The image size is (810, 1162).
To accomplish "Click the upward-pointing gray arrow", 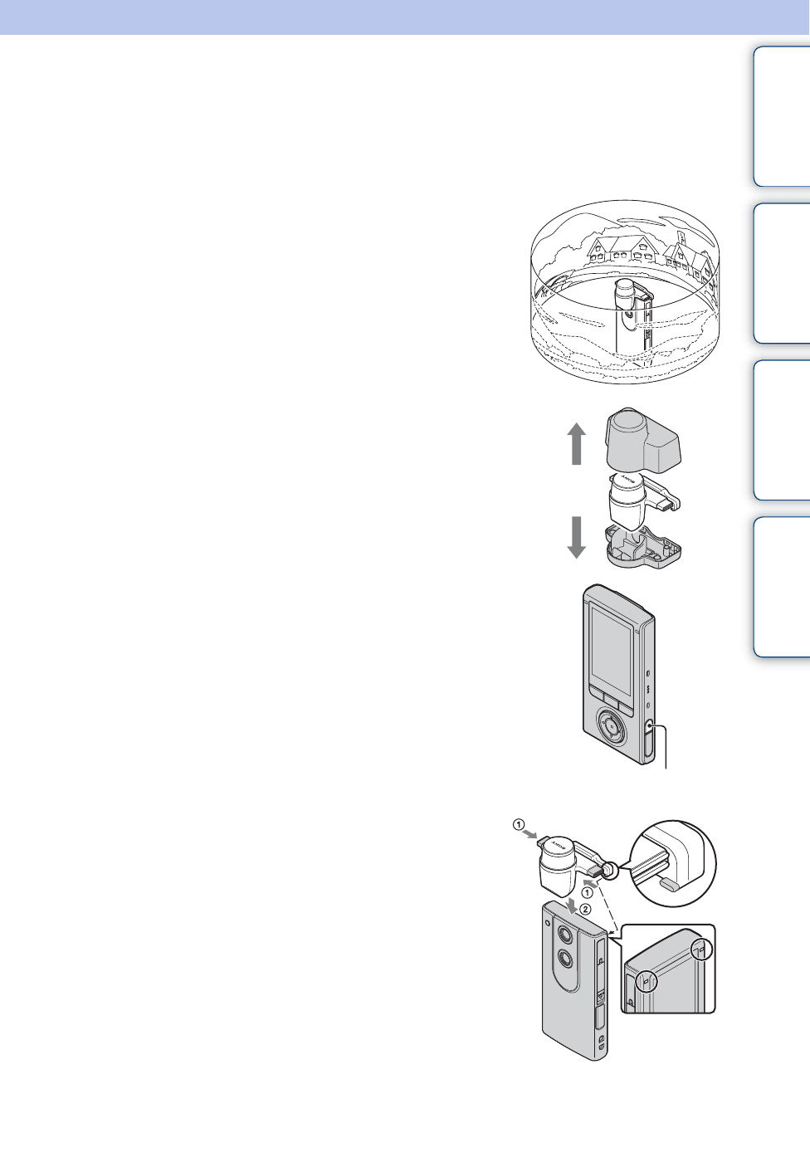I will coord(577,443).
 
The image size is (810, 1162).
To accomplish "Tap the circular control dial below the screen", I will coord(610,728).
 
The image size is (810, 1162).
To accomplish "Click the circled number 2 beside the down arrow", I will coord(585,909).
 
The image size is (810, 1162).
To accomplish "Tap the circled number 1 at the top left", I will coord(518,825).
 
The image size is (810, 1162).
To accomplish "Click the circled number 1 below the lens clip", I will coord(586,893).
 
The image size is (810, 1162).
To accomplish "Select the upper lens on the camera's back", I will coord(566,934).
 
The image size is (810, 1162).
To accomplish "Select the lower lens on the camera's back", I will coord(566,959).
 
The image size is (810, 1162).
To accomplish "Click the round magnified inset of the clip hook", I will coord(673,865).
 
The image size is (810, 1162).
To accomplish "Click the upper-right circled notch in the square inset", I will coord(702,948).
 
